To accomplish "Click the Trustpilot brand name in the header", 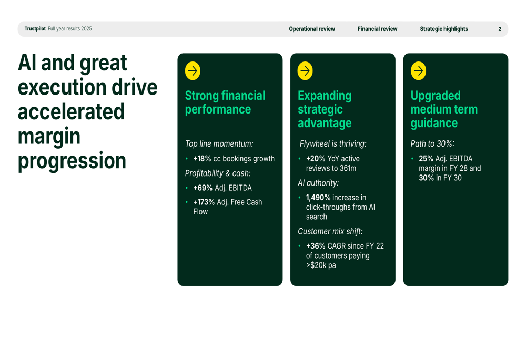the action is pos(35,29).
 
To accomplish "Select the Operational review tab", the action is pos(312,29).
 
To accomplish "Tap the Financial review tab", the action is pos(377,29).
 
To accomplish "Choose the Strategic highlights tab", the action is pos(444,29).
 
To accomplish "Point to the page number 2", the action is pos(500,29).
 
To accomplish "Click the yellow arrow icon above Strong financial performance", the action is pos(193,71).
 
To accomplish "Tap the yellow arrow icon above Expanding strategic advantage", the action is pos(305,71).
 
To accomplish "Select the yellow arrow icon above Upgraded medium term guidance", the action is pos(418,71).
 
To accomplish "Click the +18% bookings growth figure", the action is pos(203,159).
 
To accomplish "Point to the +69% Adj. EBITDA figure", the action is pos(203,188).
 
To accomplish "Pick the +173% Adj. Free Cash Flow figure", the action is pos(204,202).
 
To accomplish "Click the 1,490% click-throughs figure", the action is pos(318,198).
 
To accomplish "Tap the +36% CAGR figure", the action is pos(316,246).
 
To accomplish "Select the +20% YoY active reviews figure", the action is pos(316,159).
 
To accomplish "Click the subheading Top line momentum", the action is pos(219,144).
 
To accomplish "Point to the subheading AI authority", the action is pos(318,183).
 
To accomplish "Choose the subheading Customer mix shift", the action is pos(330,231).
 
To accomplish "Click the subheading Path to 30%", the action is pos(432,144).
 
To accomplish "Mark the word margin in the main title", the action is pos(49,137).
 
